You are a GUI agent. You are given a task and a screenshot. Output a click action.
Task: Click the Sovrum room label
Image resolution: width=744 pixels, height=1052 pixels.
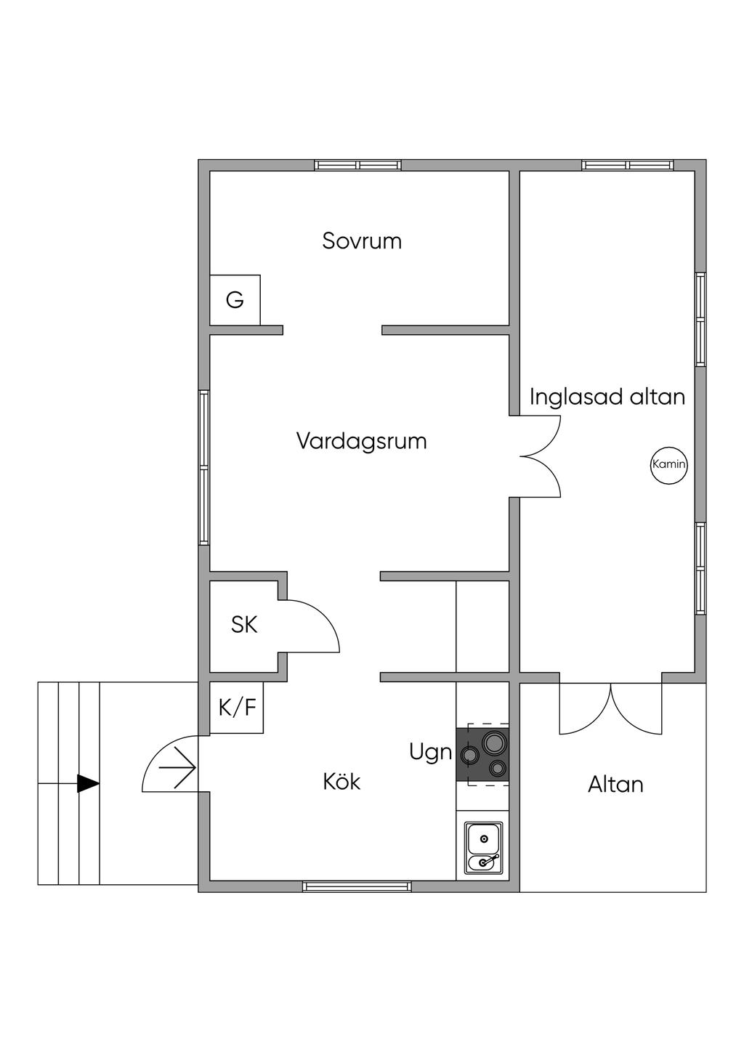coord(362,240)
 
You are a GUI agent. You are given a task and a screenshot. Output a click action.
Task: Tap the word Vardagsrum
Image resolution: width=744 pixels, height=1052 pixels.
coord(361,441)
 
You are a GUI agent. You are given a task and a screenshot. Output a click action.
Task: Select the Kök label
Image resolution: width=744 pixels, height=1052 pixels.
coord(341,782)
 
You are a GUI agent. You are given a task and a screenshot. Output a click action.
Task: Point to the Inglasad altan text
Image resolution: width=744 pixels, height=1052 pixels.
coord(607,397)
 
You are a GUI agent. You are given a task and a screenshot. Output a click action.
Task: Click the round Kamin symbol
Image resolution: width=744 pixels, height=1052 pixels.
coord(668,464)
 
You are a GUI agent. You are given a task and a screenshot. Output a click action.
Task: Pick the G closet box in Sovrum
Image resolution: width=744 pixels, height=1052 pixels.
coord(235,300)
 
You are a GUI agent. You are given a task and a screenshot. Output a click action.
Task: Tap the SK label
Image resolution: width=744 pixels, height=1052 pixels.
coord(244,624)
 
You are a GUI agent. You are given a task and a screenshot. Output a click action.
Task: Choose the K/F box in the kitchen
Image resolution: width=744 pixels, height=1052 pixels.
coord(237,708)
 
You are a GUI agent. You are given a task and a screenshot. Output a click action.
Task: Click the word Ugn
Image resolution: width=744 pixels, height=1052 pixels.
coord(430,752)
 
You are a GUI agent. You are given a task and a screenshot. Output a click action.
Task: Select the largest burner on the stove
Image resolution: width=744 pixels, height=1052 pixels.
coord(496,743)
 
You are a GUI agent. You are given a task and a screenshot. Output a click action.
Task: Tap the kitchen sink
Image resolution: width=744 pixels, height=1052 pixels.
coord(483,849)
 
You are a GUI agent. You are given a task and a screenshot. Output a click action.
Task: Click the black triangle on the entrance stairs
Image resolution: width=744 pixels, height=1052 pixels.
coord(88,783)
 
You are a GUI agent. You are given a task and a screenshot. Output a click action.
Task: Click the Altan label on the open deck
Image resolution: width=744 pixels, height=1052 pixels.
coord(615,784)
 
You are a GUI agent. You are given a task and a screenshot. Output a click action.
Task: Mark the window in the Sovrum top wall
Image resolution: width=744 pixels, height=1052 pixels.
coord(358,165)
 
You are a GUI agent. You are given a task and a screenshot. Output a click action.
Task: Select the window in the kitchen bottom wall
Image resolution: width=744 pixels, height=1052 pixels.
coord(357,886)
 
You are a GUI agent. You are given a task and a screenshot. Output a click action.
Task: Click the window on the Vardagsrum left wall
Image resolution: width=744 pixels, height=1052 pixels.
coord(204,468)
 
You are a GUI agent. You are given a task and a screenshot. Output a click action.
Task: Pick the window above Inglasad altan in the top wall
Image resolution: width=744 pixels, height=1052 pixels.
coord(628,165)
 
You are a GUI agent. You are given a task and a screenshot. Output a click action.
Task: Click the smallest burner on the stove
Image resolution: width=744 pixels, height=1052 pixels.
coord(498,768)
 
